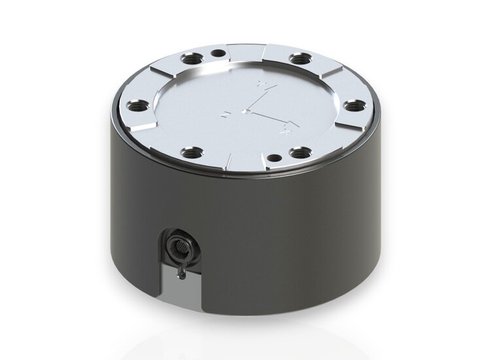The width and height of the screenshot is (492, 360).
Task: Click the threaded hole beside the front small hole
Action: [300, 153]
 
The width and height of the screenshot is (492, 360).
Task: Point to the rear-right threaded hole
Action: [298, 60]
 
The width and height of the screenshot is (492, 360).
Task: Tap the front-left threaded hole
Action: [191, 154]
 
